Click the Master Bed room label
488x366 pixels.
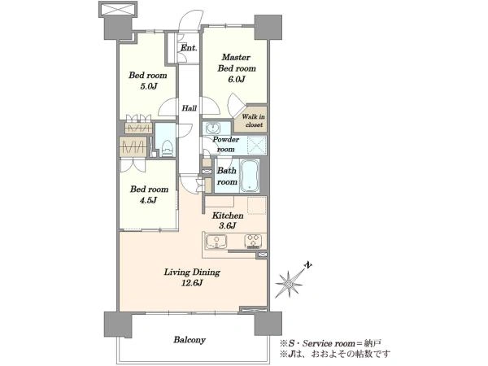point(237,63)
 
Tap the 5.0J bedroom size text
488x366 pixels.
point(148,86)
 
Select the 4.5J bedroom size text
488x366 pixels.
point(148,200)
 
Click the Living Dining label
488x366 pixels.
point(192,272)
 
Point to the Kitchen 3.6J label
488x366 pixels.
point(228,220)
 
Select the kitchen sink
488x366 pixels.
point(216,242)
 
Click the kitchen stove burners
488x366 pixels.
point(255,241)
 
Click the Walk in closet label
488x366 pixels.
point(254,120)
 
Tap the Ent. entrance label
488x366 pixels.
point(189,48)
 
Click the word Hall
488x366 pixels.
point(190,108)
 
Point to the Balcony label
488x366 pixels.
point(190,340)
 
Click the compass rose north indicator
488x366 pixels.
point(289,284)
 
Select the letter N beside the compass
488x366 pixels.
point(307,265)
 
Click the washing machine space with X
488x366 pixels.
point(257,146)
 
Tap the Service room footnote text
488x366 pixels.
point(330,343)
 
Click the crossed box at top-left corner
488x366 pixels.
point(118,9)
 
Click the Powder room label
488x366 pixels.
point(225,145)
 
